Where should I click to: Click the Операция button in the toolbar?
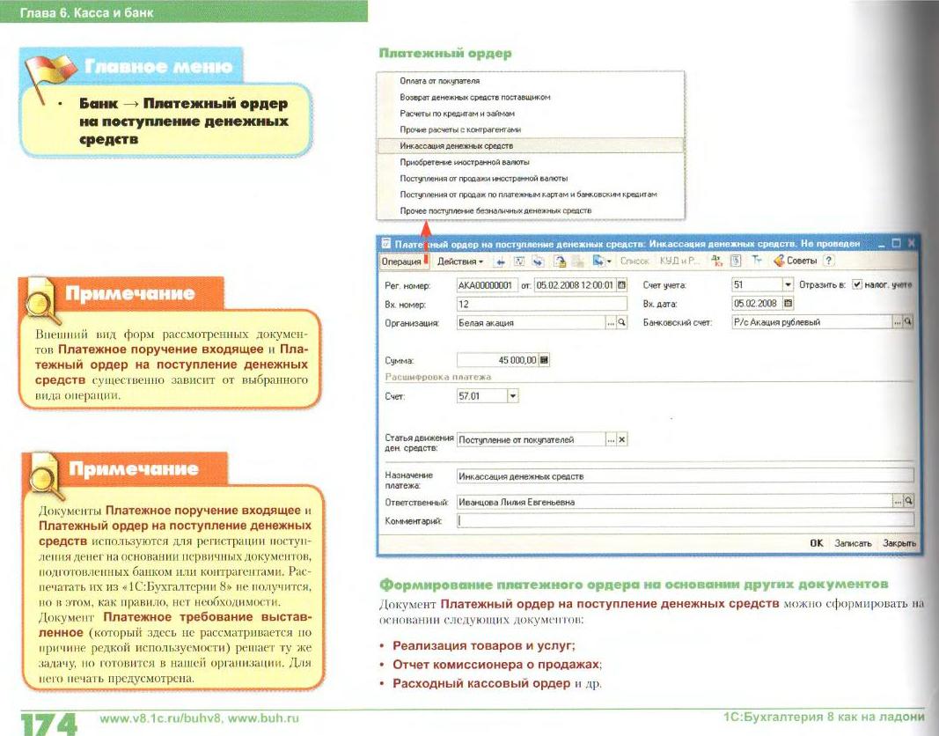(400, 261)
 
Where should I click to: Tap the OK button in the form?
(816, 543)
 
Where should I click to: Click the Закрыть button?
(899, 543)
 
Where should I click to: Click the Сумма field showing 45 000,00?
(498, 359)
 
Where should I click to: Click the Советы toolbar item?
(796, 261)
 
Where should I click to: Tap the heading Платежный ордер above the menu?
(445, 54)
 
